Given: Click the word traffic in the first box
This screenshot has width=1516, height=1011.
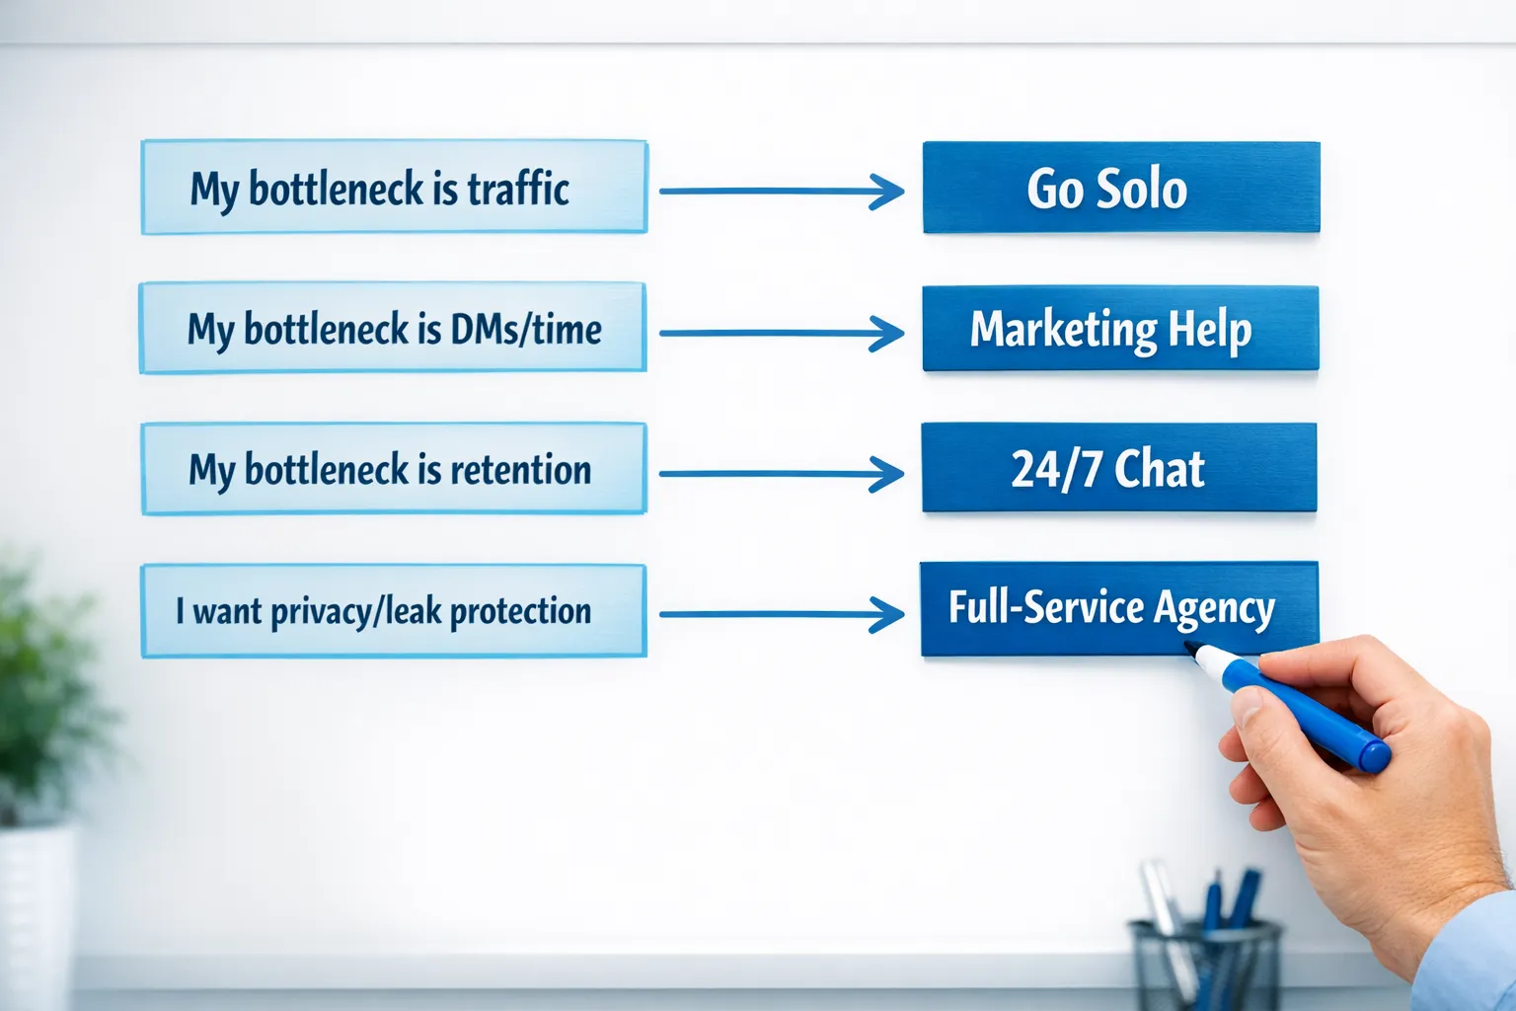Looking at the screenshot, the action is coord(518,189).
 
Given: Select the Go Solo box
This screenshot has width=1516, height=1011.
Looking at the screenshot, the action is coord(1121,188).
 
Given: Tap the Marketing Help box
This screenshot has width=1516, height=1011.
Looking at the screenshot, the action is coord(1120,329).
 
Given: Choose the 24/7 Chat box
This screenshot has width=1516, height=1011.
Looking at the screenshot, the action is coord(1118,468).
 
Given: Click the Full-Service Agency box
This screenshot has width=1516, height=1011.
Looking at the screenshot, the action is coord(1118,608).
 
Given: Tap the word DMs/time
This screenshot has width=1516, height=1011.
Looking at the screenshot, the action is coord(525,330).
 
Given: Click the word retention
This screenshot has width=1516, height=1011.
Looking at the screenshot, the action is coord(520,470).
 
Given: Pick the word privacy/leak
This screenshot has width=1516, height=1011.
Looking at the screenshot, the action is coord(355,612).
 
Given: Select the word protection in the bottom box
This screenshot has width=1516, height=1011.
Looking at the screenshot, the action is coord(520,612).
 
